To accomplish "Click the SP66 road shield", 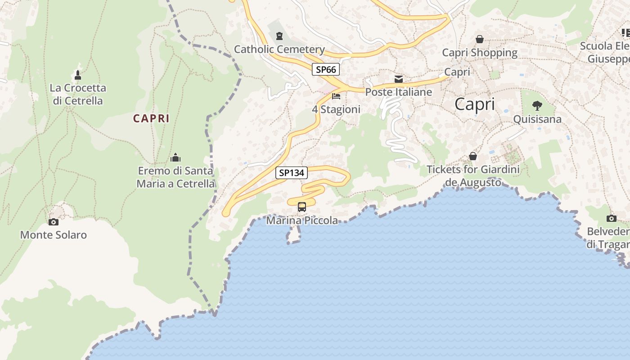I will click(326, 69).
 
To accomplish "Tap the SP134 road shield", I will click(292, 172).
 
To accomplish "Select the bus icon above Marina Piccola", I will click(302, 207).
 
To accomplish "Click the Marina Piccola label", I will click(302, 220).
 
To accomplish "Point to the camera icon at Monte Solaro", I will click(54, 222).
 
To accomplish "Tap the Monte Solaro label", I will click(54, 235).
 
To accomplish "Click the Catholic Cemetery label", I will click(279, 49).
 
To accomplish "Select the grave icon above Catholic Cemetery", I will click(280, 36).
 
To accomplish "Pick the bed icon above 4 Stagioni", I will click(336, 96).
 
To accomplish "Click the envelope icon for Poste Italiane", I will click(399, 79).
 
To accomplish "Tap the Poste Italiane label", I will click(399, 92).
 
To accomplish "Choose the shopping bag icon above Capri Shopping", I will click(480, 40).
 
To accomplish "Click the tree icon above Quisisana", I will click(537, 106).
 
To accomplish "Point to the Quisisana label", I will click(537, 119).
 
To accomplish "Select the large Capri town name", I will click(474, 104).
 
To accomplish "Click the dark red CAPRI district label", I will click(151, 118).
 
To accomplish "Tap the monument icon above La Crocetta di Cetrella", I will click(78, 75).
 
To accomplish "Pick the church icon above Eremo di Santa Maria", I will click(175, 157).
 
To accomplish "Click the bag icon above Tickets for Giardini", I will click(473, 156).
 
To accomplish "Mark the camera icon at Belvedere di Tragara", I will click(611, 219).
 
